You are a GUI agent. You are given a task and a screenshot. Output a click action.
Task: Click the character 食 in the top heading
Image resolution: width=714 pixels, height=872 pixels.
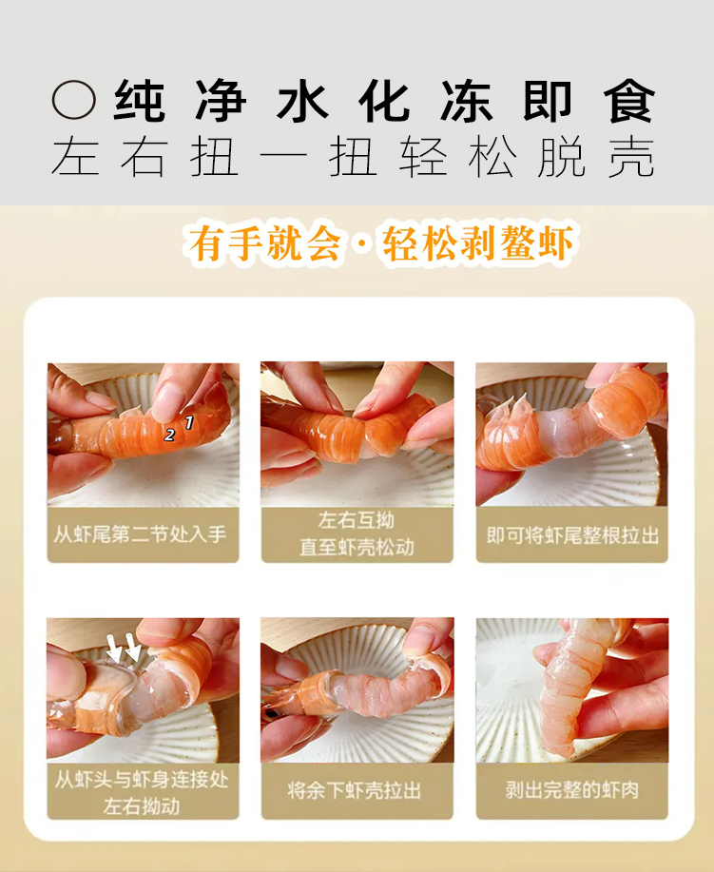(629, 101)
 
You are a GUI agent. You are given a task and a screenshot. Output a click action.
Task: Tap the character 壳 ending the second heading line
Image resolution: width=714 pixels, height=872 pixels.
(631, 158)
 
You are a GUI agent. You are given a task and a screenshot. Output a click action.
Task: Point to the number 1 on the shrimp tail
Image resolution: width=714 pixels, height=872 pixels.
(189, 422)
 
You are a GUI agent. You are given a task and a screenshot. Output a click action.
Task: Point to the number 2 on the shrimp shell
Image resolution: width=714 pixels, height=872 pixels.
(169, 435)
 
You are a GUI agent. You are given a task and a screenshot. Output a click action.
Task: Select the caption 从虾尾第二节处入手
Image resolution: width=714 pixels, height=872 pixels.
(140, 534)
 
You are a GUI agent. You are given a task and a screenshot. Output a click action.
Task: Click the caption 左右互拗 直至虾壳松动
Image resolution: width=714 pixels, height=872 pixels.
(357, 533)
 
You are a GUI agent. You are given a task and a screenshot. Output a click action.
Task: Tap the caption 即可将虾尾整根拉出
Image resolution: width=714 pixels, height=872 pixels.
(572, 535)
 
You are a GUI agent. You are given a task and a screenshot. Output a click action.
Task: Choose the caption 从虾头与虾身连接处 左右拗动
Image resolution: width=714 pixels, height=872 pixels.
(142, 792)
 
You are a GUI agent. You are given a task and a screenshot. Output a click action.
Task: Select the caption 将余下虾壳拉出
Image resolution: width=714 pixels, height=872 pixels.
(355, 790)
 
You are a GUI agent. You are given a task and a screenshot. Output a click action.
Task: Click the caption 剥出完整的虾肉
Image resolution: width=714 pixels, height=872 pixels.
(572, 789)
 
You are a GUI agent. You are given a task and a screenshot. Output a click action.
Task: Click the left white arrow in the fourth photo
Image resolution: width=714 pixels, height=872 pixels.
(114, 648)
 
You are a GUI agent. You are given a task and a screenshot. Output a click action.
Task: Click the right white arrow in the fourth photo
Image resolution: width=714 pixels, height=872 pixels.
(132, 647)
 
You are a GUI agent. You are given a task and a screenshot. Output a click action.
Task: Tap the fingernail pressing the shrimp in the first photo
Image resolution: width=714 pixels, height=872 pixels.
(166, 402)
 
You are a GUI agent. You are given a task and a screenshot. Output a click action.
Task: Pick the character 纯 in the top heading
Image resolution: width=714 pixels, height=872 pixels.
(139, 101)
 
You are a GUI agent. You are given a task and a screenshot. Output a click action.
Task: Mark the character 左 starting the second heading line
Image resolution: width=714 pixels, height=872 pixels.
(76, 158)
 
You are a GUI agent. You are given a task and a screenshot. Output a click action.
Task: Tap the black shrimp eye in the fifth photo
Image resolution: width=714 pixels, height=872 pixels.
(270, 713)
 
